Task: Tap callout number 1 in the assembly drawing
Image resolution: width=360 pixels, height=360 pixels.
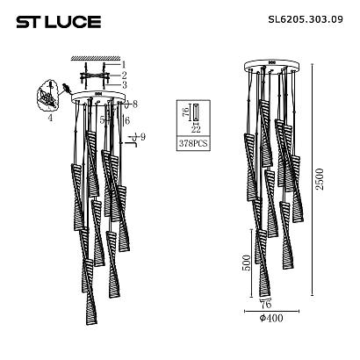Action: (x=124, y=65)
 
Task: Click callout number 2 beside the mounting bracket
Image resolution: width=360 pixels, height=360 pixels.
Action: (x=124, y=76)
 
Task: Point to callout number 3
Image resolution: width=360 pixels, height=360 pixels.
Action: (x=124, y=85)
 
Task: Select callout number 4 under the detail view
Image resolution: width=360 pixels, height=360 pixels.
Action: (x=51, y=117)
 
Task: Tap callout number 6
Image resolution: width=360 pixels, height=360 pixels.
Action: (x=127, y=120)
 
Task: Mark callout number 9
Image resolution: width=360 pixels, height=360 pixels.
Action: (x=140, y=138)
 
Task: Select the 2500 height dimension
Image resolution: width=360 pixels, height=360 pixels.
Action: (x=328, y=180)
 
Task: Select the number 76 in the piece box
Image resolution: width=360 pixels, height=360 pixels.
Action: (x=183, y=112)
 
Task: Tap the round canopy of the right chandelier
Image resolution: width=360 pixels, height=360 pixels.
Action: (x=270, y=68)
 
